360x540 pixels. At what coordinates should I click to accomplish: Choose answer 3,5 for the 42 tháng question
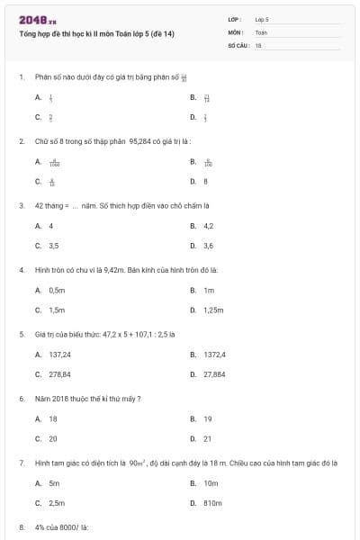[54, 245]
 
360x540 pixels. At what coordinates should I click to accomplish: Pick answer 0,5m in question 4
[57, 291]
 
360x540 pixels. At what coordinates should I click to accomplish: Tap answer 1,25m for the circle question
[212, 310]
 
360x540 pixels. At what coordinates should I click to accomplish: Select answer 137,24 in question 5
[59, 355]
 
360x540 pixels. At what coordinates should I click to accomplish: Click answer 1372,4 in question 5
[214, 355]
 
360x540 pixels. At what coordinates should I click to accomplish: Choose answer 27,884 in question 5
[214, 374]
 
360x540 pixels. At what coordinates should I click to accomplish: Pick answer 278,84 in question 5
[59, 374]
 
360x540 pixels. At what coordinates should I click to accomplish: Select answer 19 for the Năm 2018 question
[207, 419]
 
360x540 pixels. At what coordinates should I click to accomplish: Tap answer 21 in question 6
[207, 438]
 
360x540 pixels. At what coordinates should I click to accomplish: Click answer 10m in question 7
[211, 483]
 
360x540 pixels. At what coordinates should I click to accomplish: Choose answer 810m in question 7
[212, 503]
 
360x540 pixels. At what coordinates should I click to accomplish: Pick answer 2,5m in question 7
[57, 503]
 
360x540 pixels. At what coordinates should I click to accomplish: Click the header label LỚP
[235, 19]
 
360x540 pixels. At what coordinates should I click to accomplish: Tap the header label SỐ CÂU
[238, 44]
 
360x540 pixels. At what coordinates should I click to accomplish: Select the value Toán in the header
[261, 31]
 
